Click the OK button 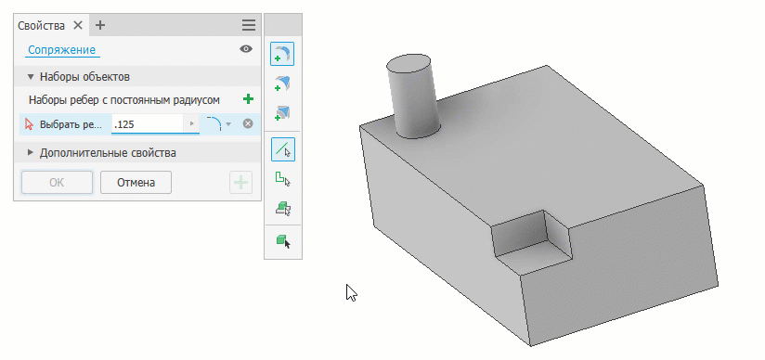click(57, 183)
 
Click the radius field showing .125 click(148, 124)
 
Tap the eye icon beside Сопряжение click(246, 49)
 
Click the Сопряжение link click(61, 50)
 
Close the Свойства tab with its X click(78, 25)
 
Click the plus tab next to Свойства click(99, 25)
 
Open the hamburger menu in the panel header click(248, 25)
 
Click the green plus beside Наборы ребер click(248, 99)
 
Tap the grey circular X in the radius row click(248, 124)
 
